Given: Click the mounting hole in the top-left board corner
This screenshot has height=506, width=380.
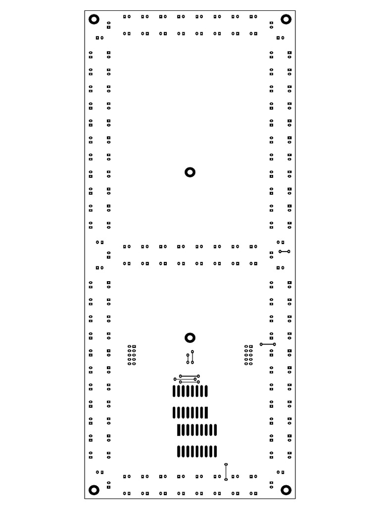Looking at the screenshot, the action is [x=94, y=19].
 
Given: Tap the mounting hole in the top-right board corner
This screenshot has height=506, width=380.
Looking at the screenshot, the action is [x=286, y=19].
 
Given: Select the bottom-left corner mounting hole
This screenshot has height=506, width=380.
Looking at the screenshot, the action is [x=94, y=490].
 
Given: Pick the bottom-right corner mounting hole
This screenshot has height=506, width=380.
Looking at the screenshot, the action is [x=286, y=490].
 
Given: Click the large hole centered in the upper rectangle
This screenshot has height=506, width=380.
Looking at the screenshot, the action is [x=190, y=172].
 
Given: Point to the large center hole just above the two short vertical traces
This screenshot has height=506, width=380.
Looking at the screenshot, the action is [x=190, y=337].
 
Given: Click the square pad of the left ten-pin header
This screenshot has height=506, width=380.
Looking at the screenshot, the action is [x=134, y=346].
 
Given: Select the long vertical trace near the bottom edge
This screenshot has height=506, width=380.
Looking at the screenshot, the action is [x=226, y=472].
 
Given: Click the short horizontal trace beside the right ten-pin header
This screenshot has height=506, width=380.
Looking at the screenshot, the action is [x=268, y=344].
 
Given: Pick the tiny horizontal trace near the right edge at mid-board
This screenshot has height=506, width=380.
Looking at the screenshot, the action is [x=284, y=252].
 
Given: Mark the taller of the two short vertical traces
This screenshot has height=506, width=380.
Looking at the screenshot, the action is [x=192, y=357].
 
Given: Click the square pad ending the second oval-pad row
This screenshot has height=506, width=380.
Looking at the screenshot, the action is [x=206, y=412].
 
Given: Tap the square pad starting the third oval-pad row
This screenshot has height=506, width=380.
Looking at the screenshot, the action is [x=179, y=430].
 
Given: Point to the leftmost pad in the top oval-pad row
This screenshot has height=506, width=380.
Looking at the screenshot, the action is [x=174, y=391].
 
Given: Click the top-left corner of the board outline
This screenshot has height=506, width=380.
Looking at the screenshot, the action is [x=85, y=10].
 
